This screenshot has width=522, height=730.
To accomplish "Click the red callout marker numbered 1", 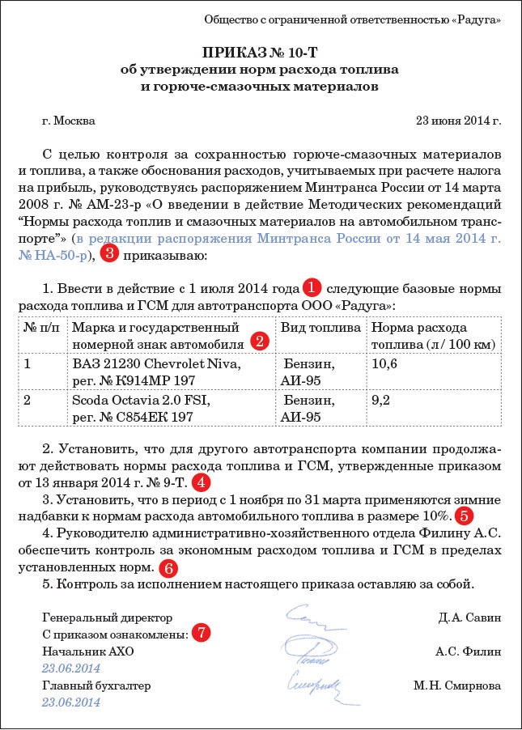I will point(312,286).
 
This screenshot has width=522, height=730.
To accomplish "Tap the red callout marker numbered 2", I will point(260,340).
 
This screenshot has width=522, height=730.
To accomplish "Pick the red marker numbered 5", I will point(463,514).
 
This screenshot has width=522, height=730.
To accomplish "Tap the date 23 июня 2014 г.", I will point(457,121).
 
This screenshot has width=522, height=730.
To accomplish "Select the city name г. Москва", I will point(68,121).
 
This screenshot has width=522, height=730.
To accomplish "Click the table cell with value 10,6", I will point(384,363).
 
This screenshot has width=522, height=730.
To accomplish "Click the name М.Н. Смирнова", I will point(456,685).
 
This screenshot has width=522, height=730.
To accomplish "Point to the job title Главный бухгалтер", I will point(96,685).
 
